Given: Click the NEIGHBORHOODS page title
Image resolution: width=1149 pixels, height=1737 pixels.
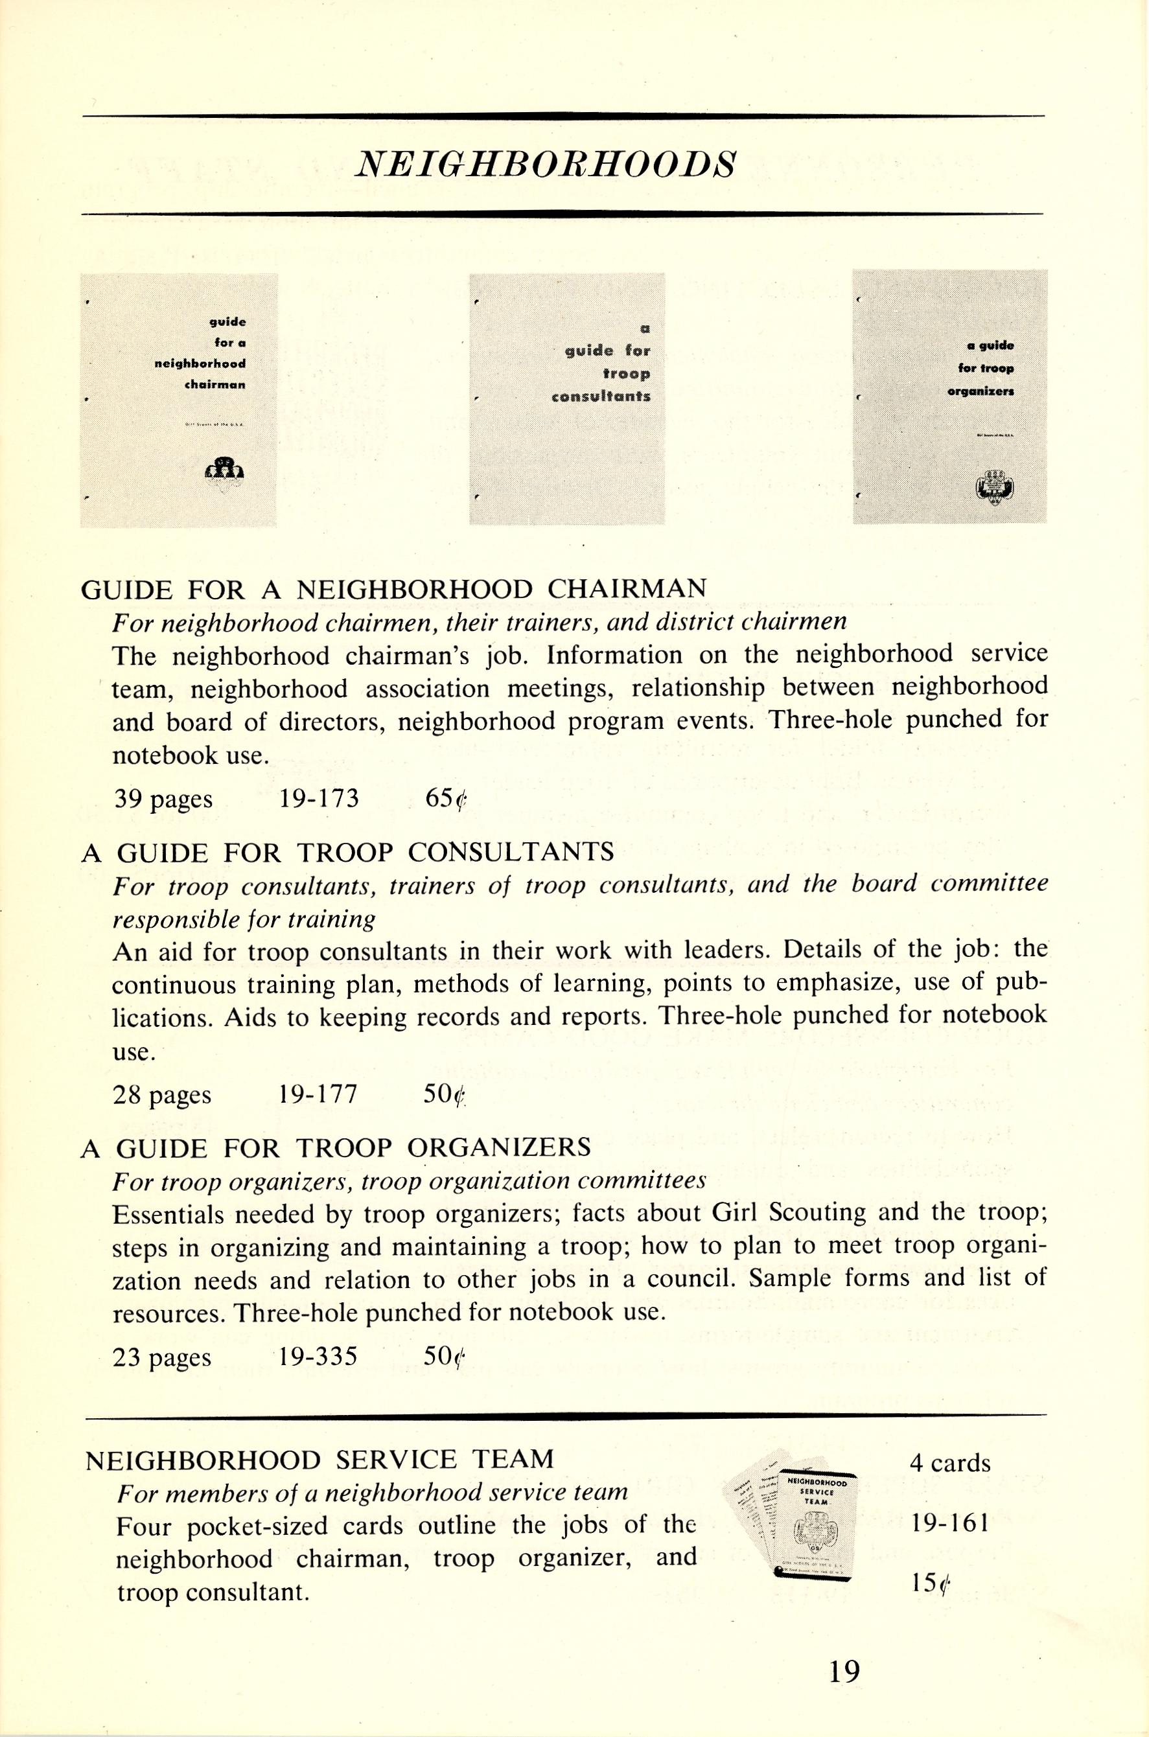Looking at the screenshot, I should point(544,166).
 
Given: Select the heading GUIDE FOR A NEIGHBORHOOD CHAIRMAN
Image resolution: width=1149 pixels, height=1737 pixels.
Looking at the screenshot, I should point(393,588).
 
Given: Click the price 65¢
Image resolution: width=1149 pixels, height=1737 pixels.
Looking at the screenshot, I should point(445,798).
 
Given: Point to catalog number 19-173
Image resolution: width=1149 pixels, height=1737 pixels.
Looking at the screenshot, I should point(319,797).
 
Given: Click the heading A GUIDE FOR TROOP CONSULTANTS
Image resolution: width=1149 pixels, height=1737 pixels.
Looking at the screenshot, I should point(347,851).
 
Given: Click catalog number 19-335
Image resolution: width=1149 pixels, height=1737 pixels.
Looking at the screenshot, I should point(318,1356).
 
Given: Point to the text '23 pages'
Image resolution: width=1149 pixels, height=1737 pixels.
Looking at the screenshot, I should point(162,1357).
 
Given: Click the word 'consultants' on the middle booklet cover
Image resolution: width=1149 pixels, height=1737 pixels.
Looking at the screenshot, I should point(600,397).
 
